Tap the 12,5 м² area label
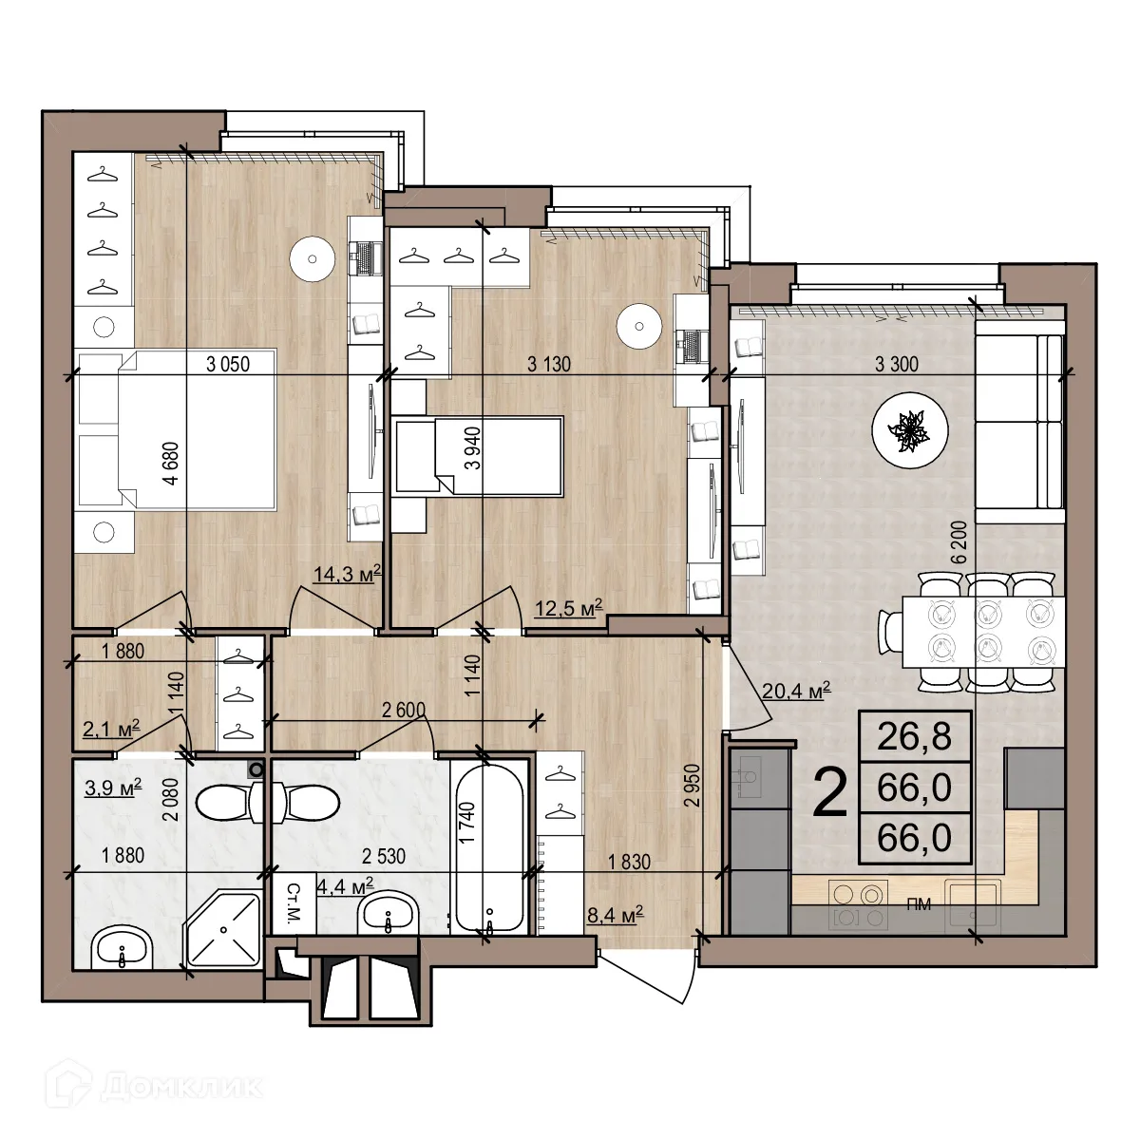pos(568,608)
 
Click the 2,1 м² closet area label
pos(112,728)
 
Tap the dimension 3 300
pos(896,363)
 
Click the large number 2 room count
pos(830,794)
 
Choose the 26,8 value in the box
pos(914,736)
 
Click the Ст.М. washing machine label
pos(294,905)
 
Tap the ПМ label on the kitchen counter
pos(918,905)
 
